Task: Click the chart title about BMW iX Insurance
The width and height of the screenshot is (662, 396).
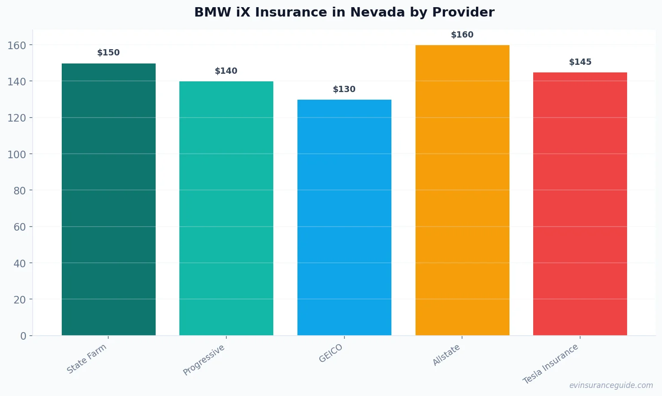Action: click(x=344, y=12)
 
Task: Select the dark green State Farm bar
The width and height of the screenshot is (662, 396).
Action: click(x=109, y=199)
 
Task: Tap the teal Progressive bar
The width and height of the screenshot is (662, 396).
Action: click(x=226, y=208)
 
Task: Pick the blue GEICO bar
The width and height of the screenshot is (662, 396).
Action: click(x=344, y=217)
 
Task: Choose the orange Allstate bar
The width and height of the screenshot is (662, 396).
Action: click(x=462, y=190)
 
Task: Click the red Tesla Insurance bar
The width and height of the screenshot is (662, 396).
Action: click(x=580, y=204)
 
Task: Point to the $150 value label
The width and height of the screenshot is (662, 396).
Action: click(x=109, y=53)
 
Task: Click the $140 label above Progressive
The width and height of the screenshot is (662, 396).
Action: click(x=226, y=71)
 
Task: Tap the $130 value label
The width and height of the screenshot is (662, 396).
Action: click(x=344, y=89)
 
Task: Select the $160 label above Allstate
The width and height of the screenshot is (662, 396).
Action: click(x=462, y=35)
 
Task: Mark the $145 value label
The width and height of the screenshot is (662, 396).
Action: click(x=580, y=62)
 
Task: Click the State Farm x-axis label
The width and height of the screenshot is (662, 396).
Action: click(x=87, y=358)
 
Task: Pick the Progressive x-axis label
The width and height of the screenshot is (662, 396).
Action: click(x=204, y=360)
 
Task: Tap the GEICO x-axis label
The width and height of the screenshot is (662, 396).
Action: click(x=331, y=353)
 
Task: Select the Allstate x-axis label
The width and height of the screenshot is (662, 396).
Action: click(x=446, y=355)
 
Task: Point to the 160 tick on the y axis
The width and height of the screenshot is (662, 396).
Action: click(x=17, y=45)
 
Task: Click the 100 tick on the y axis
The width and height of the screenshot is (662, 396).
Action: click(x=17, y=154)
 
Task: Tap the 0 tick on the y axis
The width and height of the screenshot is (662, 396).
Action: click(x=23, y=336)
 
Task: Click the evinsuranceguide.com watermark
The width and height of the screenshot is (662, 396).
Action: click(x=611, y=385)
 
